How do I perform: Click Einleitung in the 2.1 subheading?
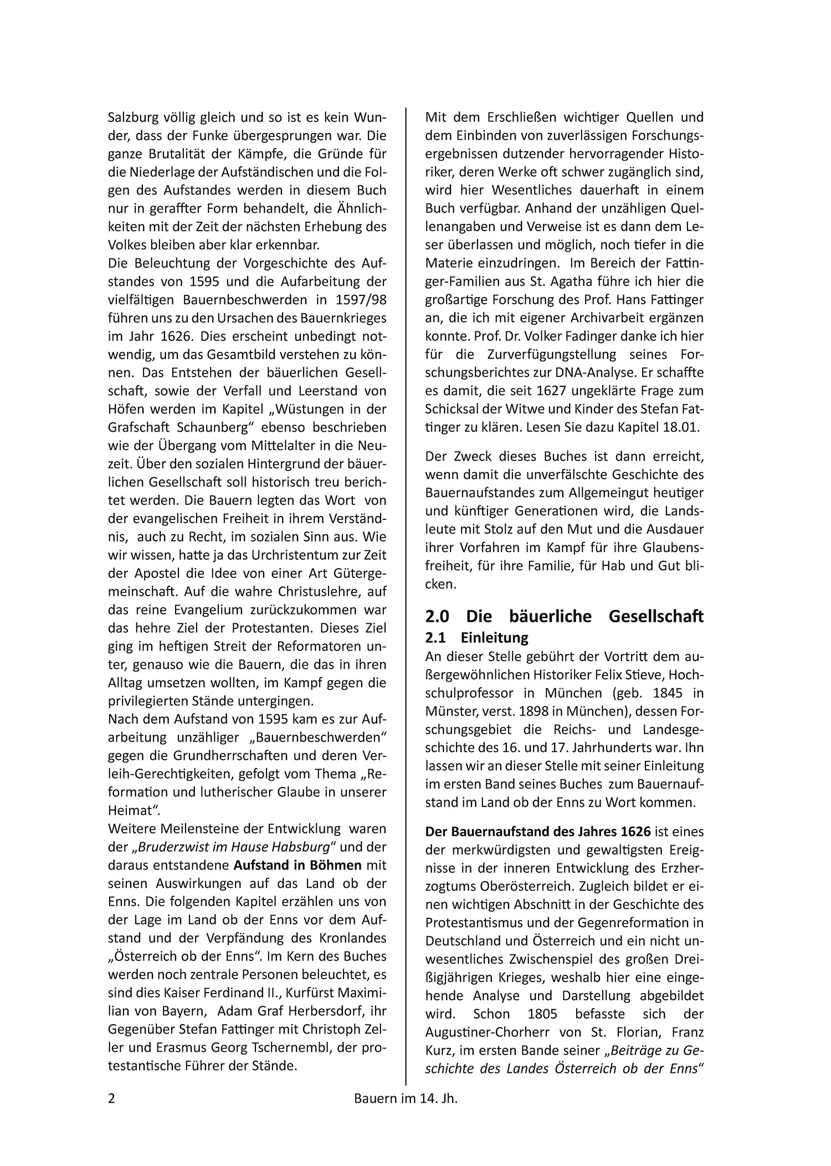494,637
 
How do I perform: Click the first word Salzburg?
133,117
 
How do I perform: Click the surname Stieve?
651,674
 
